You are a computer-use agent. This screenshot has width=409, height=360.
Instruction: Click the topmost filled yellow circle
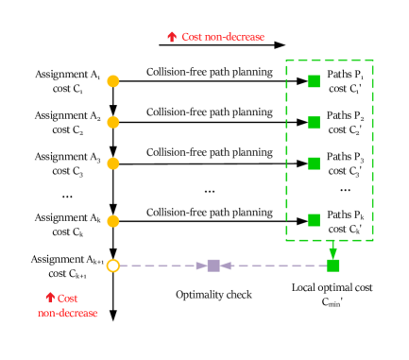tap(113, 81)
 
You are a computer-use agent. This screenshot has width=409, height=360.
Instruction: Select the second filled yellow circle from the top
tap(113, 123)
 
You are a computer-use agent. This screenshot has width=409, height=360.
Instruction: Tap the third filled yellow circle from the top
tap(113, 163)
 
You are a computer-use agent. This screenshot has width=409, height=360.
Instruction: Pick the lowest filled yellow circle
tap(113, 221)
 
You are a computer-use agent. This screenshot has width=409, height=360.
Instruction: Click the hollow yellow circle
tap(113, 266)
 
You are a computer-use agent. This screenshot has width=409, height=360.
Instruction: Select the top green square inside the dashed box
tap(314, 81)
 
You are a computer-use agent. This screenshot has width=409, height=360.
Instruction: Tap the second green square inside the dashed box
tap(314, 123)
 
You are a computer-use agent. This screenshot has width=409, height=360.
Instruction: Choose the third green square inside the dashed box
tap(314, 163)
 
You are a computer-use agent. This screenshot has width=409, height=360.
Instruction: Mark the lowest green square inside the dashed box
tap(314, 220)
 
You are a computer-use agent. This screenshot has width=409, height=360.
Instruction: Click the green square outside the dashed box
tap(332, 266)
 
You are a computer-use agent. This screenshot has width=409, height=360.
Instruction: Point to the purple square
tap(213, 266)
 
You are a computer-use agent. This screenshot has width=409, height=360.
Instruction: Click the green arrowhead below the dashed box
tap(332, 252)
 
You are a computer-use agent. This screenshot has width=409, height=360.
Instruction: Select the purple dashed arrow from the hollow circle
tap(161, 266)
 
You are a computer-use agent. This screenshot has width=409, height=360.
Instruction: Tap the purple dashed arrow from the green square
tap(274, 266)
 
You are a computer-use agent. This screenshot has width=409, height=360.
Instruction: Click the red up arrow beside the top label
tap(172, 37)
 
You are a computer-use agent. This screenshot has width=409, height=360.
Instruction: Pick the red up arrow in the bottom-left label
tap(50, 297)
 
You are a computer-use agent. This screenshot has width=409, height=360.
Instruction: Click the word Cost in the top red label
tap(193, 37)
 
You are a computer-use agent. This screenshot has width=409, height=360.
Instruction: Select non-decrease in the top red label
tap(235, 37)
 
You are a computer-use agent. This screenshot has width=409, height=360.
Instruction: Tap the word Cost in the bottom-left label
tap(68, 298)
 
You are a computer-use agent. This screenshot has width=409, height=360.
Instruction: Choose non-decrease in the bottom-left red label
tap(68, 313)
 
